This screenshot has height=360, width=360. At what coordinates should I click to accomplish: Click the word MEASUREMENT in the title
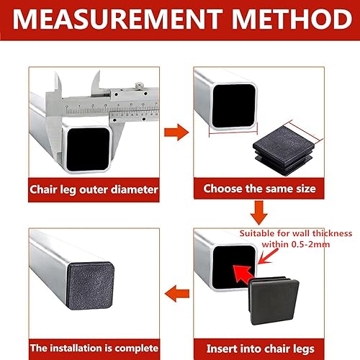click(x=117, y=19)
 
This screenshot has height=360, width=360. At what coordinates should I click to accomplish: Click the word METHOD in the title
click(x=292, y=19)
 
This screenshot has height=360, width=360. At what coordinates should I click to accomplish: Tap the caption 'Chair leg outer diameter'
click(x=94, y=189)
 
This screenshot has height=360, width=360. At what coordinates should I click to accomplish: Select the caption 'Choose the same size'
click(x=259, y=189)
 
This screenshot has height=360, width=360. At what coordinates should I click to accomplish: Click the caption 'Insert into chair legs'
click(x=261, y=349)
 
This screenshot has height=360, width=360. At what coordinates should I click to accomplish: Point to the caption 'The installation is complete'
click(x=94, y=348)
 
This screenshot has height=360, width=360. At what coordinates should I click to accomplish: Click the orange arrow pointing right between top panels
click(x=176, y=132)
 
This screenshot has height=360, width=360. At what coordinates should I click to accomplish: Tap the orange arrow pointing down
click(x=259, y=213)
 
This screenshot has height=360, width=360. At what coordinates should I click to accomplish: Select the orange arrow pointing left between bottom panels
click(x=177, y=294)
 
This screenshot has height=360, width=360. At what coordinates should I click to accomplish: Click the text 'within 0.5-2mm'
click(x=296, y=244)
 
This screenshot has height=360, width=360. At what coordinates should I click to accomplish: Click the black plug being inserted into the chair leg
click(x=274, y=301)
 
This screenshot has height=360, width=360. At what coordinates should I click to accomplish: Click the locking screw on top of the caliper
click(x=139, y=86)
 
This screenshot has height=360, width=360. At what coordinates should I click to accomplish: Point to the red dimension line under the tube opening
click(x=233, y=132)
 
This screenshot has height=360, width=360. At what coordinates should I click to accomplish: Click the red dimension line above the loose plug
click(x=304, y=131)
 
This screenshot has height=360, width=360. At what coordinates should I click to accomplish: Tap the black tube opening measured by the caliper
click(x=88, y=149)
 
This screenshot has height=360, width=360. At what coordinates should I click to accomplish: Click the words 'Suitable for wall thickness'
click(x=296, y=233)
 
